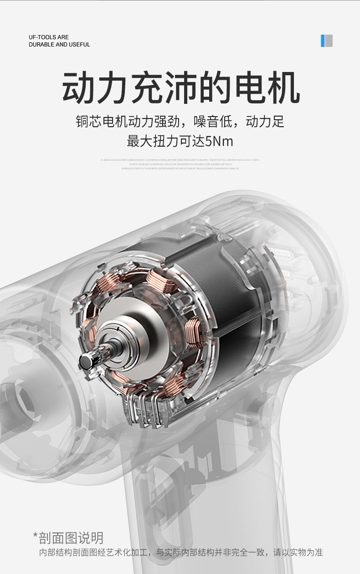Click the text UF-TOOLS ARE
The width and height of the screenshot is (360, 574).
(49, 37)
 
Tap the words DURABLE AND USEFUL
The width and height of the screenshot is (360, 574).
(59, 45)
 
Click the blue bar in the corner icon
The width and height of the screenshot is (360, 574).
(323, 41)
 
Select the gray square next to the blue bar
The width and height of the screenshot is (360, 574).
(329, 41)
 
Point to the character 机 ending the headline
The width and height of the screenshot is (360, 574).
(282, 87)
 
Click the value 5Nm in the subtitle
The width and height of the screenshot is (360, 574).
(219, 141)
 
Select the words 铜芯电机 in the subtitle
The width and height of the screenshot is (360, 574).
(102, 122)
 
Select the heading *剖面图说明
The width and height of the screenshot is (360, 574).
(68, 538)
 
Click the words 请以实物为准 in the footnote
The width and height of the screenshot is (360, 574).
(298, 553)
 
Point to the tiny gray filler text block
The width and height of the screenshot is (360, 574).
(180, 164)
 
